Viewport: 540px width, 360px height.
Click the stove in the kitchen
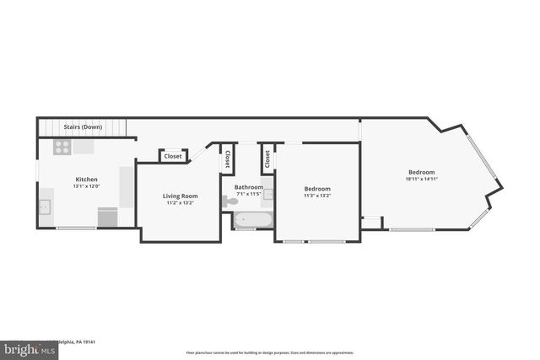62,147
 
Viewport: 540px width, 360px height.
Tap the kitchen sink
45,207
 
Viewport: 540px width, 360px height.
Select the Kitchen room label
86,180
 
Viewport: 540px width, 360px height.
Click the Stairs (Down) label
83,127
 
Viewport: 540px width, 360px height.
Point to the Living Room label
180,196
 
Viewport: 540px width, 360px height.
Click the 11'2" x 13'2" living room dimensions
180,203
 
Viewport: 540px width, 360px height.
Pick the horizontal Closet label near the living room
173,156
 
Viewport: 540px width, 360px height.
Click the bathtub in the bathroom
253,221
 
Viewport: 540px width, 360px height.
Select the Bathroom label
248,187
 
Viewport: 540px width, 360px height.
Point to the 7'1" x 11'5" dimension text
248,194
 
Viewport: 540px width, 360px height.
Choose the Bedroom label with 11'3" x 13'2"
317,189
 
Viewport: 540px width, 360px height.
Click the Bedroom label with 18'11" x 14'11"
421,172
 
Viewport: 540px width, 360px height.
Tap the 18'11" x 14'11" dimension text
421,179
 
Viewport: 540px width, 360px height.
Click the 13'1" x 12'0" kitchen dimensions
86,186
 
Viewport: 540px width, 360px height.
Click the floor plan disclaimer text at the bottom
269,352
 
